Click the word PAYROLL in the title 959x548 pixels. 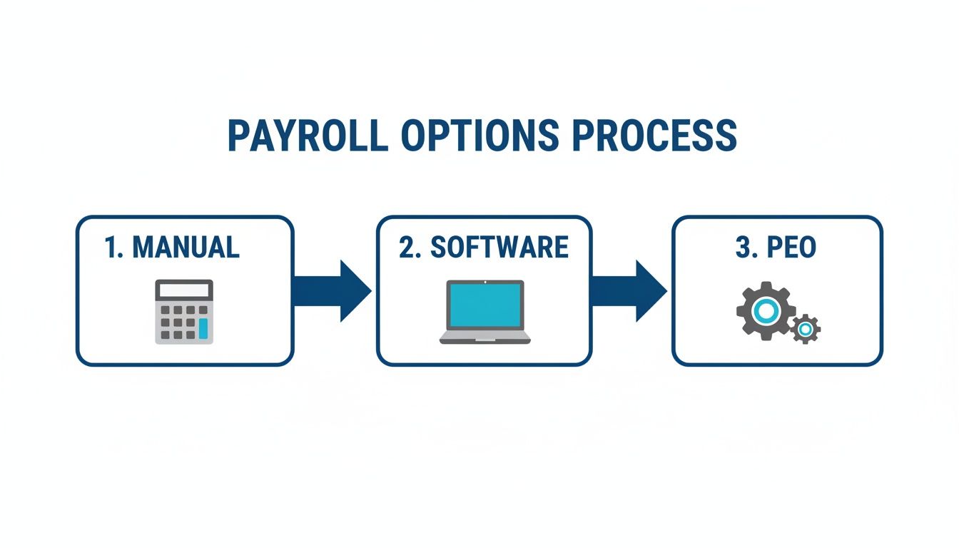pos(307,135)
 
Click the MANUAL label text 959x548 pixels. pos(186,247)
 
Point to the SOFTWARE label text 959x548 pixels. pos(499,247)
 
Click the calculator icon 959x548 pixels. pos(184,312)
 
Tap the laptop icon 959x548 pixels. pos(484,312)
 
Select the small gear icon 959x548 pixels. pos(806,329)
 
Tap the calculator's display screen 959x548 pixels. pos(184,290)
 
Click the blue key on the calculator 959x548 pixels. pos(203,328)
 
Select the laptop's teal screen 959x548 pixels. pos(484,305)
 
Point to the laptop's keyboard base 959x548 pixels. pos(484,337)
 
